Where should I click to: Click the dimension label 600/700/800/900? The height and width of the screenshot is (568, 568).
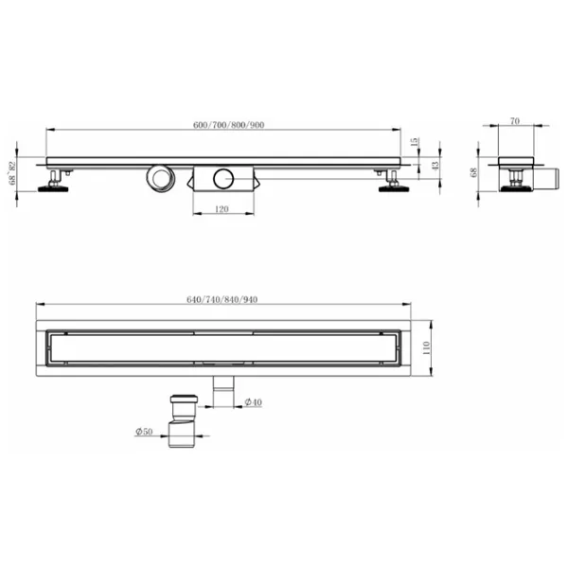point(228,125)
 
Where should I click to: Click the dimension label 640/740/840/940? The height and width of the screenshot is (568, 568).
point(222,299)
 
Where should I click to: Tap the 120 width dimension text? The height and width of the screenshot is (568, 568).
point(222,209)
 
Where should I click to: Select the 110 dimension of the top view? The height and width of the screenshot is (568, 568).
point(426,348)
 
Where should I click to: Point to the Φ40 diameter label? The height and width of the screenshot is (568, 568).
point(253,402)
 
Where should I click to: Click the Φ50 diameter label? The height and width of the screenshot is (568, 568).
point(144,432)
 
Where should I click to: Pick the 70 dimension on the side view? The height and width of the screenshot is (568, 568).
point(515,121)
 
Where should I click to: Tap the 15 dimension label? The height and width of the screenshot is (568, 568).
point(415,142)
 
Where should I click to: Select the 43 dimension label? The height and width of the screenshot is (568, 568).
point(435,165)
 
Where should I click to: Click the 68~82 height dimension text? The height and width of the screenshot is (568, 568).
point(12,173)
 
